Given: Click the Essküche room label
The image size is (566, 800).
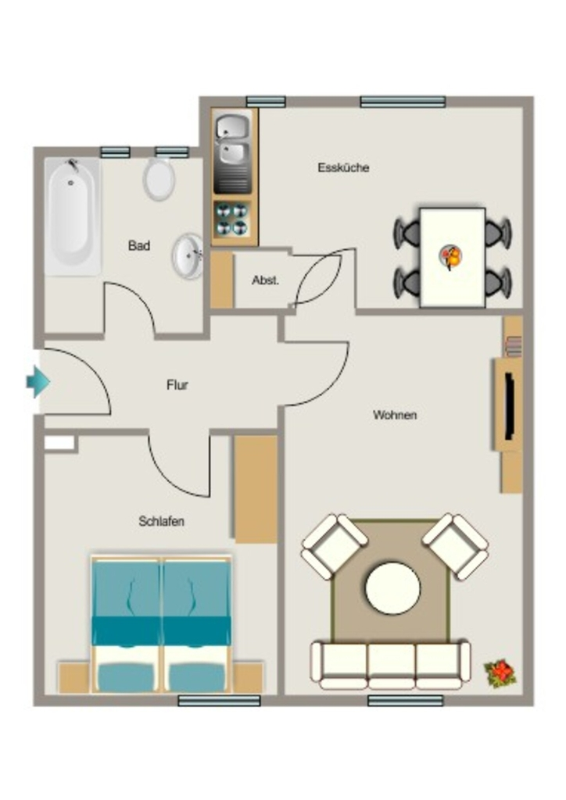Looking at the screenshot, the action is (343, 167).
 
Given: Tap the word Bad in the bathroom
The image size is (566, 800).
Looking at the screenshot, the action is (139, 246).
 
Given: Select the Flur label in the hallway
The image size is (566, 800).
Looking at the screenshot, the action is (177, 384).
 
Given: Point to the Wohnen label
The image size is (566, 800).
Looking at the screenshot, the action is (395, 415).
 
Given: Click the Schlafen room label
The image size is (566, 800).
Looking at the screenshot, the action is (161, 521).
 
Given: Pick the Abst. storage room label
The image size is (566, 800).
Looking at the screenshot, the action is (265, 280).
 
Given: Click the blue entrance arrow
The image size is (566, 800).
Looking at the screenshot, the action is (38, 381).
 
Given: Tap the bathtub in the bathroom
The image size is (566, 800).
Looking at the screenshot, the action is (72, 216).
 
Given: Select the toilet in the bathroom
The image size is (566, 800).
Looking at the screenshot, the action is (159, 178).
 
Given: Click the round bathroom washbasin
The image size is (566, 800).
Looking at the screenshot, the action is (188, 256).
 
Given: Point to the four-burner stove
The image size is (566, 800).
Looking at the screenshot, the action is (231, 220).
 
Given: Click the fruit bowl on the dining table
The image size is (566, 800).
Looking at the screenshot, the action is (451, 256).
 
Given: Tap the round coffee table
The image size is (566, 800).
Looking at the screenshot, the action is (392, 588).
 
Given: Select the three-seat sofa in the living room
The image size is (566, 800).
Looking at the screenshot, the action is (390, 665).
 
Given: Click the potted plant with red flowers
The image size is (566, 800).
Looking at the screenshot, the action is (500, 673).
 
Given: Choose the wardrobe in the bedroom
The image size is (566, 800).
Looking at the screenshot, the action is (255, 489).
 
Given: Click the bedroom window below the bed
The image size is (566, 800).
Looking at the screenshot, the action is (219, 701).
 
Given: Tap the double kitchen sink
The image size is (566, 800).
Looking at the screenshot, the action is (233, 153).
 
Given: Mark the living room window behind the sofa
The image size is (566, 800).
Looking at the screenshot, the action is (405, 701).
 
